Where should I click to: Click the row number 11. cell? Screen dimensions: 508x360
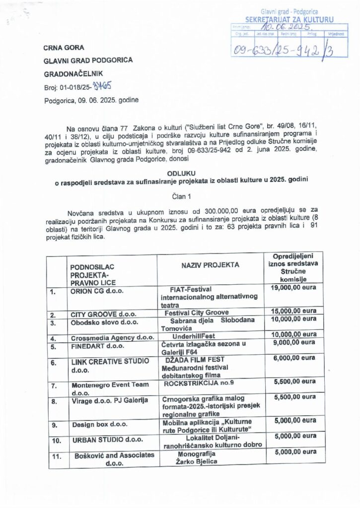(x=57, y=455)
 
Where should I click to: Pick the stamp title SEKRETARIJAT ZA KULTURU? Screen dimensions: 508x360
(x=289, y=19)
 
